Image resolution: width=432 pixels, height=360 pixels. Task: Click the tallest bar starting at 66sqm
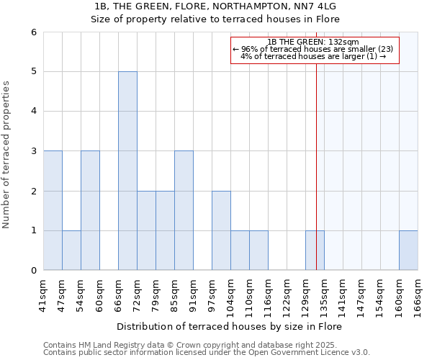coord(127,171)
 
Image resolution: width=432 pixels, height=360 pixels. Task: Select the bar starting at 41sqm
coord(53,210)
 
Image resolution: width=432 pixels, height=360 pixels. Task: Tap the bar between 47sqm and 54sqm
coord(71,250)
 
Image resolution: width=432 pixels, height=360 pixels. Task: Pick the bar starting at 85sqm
coord(184,210)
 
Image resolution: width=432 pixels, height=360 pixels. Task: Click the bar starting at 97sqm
coord(221,230)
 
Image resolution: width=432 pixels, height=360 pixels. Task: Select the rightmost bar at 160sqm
coord(408,250)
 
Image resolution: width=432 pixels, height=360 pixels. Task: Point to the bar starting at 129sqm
coord(315,250)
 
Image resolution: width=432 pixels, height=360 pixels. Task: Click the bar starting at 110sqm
coord(258,250)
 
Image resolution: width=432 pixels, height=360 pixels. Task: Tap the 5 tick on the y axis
coord(33,71)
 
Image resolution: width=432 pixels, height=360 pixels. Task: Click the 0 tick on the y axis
coord(33,270)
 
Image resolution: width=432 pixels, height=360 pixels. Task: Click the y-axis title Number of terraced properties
coord(6,155)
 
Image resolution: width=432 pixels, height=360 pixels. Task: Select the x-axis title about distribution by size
coord(229,326)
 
